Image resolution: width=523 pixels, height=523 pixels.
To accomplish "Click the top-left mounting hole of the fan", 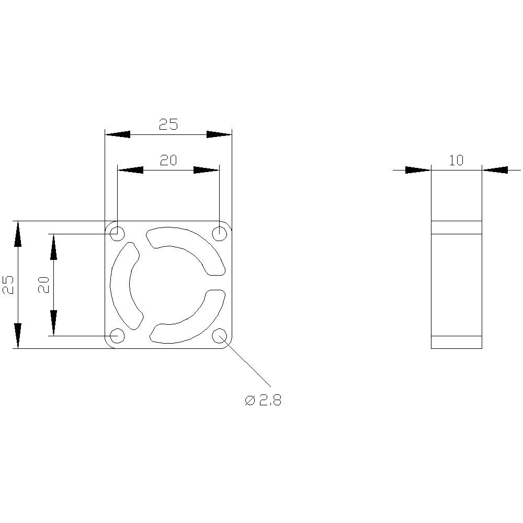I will (x=118, y=233).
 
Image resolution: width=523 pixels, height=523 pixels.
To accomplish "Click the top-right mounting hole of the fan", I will (x=219, y=233).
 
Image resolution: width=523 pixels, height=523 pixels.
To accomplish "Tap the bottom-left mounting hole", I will (x=118, y=335).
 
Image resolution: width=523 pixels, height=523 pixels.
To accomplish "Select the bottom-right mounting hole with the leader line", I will (x=219, y=335).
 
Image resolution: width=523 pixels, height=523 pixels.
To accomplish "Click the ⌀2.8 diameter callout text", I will (x=263, y=401).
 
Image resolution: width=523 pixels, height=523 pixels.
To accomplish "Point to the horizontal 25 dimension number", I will (x=168, y=124).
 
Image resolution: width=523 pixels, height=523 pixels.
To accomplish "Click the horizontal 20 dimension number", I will (x=168, y=161).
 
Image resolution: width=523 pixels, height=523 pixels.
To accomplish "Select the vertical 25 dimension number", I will (x=8, y=285).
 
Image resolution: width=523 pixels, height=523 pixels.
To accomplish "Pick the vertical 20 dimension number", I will (x=44, y=285).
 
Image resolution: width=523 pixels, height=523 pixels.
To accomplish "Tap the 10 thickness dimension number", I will (x=456, y=161).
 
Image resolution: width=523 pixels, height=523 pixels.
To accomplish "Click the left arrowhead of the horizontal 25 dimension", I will (x=117, y=134).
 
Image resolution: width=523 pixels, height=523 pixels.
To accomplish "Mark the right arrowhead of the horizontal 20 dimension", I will (x=206, y=170).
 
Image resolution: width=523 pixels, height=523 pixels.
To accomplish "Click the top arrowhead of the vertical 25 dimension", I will (x=18, y=233).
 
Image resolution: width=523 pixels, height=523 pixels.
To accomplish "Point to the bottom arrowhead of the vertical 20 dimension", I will (x=53, y=323).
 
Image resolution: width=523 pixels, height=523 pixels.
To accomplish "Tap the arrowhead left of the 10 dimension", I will (x=417, y=170).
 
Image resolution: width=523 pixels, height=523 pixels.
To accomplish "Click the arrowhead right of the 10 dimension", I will (x=495, y=170).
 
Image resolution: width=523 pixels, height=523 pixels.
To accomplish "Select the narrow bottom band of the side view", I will (x=456, y=342).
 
